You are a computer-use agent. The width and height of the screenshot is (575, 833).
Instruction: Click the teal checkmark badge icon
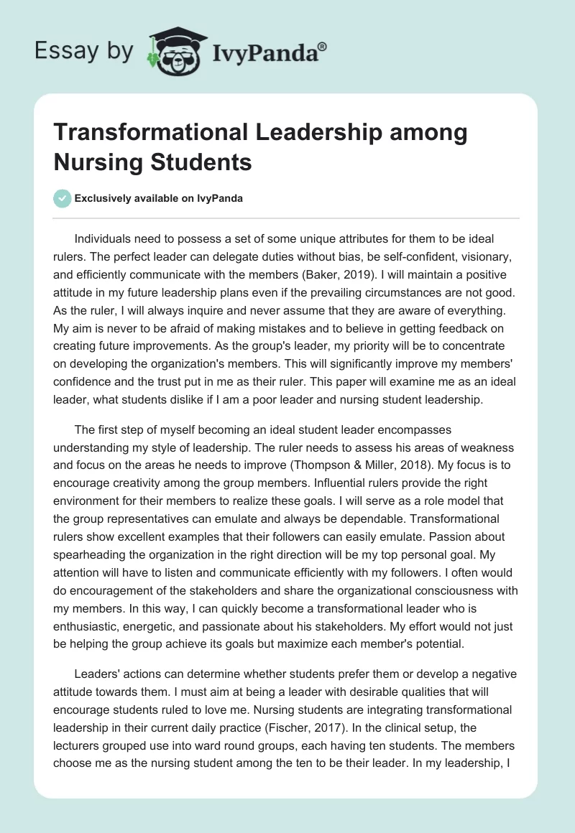coord(63,198)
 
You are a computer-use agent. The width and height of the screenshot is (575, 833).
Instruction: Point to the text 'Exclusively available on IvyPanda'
coord(159,198)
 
